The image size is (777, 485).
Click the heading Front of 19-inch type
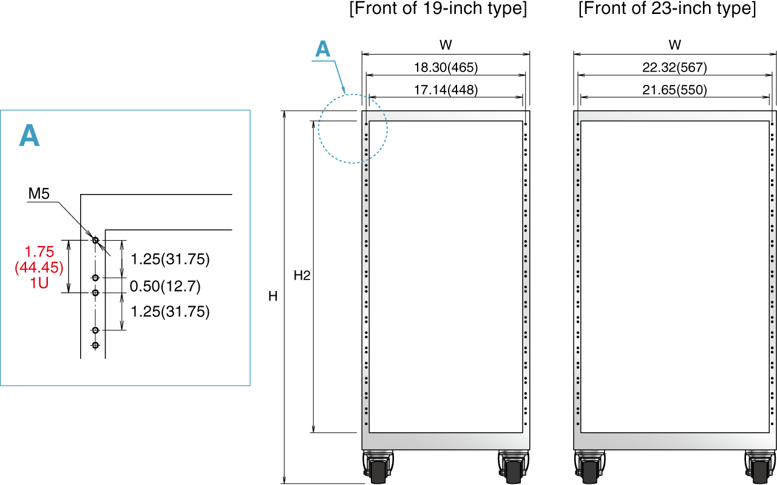point(438,9)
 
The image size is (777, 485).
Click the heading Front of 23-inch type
point(667,9)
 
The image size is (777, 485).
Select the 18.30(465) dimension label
point(446,67)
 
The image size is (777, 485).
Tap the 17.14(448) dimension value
point(446,90)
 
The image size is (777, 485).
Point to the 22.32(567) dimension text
point(675,67)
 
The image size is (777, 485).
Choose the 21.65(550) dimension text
point(675,90)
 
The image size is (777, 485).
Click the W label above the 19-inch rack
point(446,45)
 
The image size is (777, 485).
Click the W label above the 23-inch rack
point(675,45)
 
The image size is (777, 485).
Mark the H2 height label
point(302,276)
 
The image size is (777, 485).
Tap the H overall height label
point(273,296)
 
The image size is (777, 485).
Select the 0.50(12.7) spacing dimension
point(165,286)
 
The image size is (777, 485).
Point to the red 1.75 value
point(39,251)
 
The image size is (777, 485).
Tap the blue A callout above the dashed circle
point(323,49)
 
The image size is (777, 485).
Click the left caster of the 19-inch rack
point(378,467)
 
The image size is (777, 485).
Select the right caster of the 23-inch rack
point(759,467)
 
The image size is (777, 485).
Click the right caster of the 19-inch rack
point(513,467)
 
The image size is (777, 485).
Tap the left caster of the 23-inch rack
point(589,467)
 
